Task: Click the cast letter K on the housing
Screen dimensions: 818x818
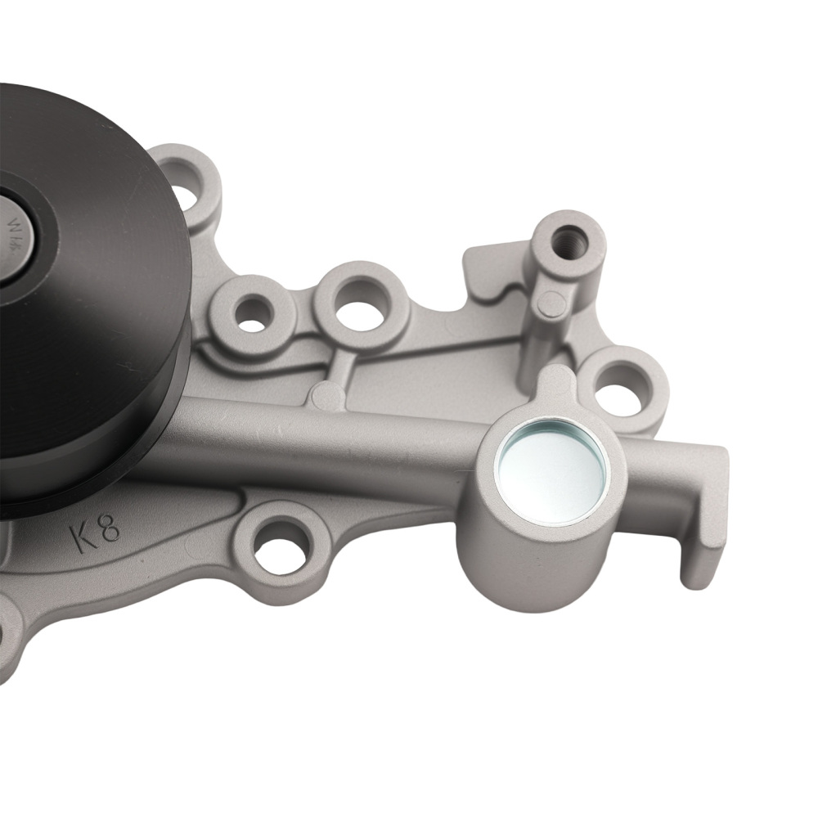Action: click(83, 537)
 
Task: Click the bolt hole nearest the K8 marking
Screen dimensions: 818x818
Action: click(280, 546)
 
